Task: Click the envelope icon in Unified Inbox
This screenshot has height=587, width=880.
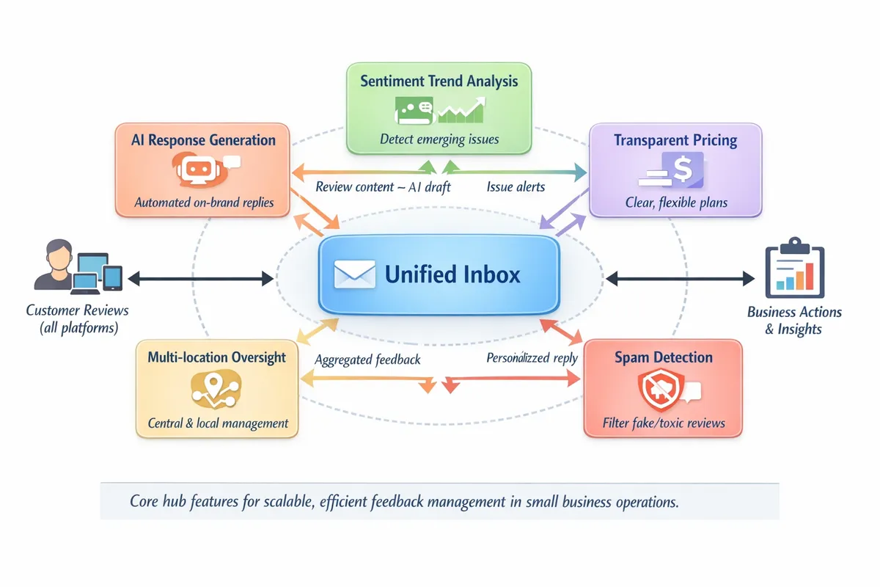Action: pyautogui.click(x=354, y=274)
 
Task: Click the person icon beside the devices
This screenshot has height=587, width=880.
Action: pyautogui.click(x=53, y=266)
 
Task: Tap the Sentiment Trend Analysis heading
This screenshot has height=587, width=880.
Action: pyautogui.click(x=439, y=81)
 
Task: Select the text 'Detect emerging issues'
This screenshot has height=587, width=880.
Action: pyautogui.click(x=439, y=139)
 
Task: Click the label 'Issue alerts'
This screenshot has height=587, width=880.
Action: pyautogui.click(x=516, y=186)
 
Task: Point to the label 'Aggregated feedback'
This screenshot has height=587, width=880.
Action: pyautogui.click(x=367, y=360)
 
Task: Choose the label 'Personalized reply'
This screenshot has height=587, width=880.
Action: pyautogui.click(x=532, y=358)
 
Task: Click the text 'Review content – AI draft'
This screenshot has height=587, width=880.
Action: pyautogui.click(x=383, y=186)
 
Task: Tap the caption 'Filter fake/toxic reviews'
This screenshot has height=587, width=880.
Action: pyautogui.click(x=664, y=423)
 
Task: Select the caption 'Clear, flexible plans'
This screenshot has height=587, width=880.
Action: pyautogui.click(x=676, y=202)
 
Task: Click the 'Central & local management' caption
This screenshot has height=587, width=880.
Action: pyautogui.click(x=218, y=423)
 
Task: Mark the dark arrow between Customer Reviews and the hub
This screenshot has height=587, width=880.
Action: pyautogui.click(x=200, y=278)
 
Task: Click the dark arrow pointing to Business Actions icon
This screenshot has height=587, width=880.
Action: pyautogui.click(x=680, y=278)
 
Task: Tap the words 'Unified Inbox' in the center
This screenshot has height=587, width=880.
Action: pyautogui.click(x=452, y=274)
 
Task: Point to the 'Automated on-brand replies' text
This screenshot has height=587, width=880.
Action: pyautogui.click(x=204, y=203)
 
